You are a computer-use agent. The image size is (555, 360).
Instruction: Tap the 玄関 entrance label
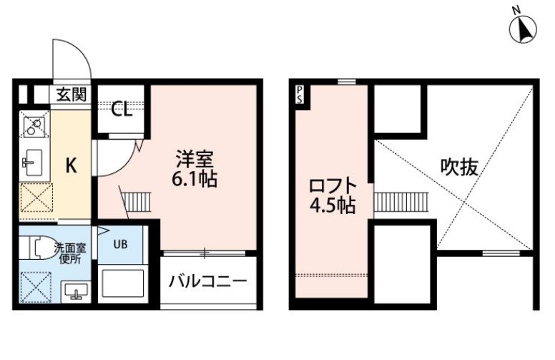tap(72, 94)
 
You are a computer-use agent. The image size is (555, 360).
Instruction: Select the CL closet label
tap(122, 110)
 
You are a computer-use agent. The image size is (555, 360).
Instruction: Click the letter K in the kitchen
tap(72, 165)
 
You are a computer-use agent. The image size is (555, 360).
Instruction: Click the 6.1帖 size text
tap(195, 179)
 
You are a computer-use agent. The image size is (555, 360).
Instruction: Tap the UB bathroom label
tap(120, 245)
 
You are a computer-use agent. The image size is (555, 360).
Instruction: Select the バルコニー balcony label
tap(208, 282)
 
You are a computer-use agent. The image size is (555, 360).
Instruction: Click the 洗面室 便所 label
tap(70, 253)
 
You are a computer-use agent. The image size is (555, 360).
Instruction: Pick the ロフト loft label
tap(333, 186)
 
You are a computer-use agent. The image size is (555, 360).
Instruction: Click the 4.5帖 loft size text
tap(333, 205)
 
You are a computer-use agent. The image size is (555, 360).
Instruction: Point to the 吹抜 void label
tap(459, 167)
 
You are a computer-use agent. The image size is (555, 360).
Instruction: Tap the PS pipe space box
tap(300, 94)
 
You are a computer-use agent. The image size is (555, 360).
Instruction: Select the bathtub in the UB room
tap(123, 283)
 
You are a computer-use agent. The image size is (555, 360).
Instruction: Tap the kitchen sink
tap(32, 162)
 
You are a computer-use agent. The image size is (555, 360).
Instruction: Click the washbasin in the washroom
tap(75, 291)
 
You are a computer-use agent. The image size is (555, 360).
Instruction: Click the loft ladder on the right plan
tap(401, 202)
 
